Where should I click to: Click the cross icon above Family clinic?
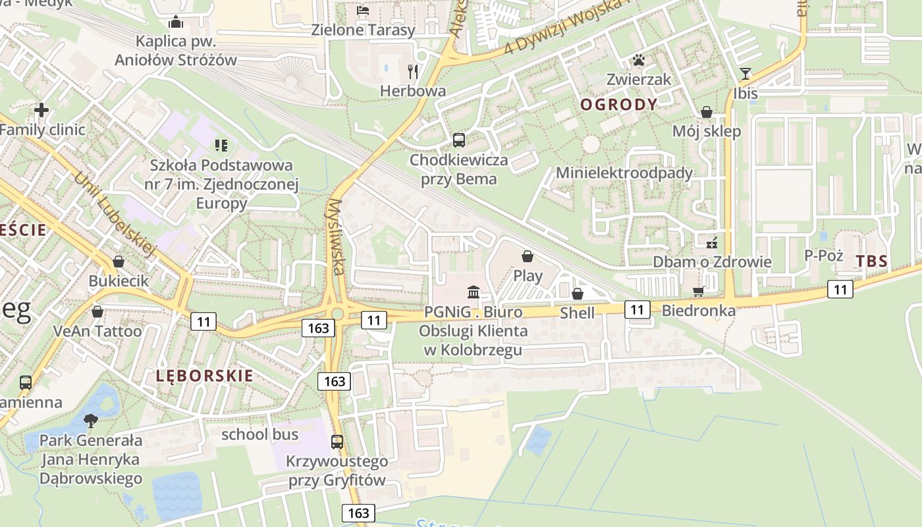coord(41,110)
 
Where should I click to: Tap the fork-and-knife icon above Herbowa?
coord(413,71)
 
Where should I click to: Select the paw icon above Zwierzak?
coord(638,61)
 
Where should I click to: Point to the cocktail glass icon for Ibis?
coord(746,74)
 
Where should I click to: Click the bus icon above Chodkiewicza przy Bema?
coord(459,140)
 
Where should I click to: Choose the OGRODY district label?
coord(618,104)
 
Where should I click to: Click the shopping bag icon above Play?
coord(527,256)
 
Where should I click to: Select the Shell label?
coord(577,313)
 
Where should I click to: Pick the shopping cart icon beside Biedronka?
coord(699,291)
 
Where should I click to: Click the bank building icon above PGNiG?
coord(474,292)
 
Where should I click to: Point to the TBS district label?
coord(871,261)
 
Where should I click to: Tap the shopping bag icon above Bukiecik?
coord(119,262)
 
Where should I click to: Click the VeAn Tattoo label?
coord(97,331)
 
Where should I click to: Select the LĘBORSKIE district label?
coord(205,376)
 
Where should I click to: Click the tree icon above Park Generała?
coord(91,420)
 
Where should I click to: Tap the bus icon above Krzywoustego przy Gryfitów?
coord(337,441)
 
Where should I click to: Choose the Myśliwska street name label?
coord(337,236)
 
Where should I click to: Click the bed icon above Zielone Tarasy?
coord(363,11)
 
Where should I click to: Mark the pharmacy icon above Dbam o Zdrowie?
coord(711,243)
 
